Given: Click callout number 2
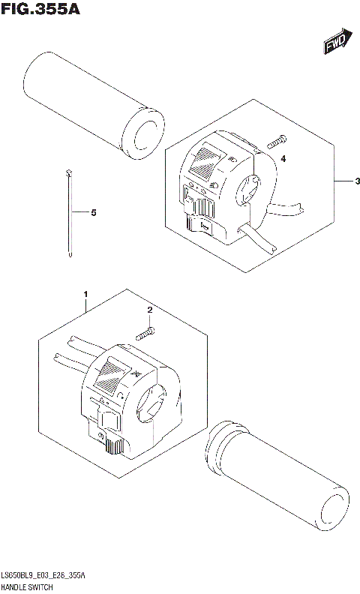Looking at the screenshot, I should click(149, 310).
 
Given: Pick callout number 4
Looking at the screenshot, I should click(283, 159).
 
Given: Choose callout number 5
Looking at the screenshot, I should click(93, 213).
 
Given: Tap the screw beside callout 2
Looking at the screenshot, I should click(145, 331).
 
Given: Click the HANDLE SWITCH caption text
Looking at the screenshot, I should click(31, 586).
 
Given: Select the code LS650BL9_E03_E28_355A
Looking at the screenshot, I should click(45, 576).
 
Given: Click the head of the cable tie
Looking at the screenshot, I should click(67, 173).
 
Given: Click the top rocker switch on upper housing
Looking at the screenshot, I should click(208, 159).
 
